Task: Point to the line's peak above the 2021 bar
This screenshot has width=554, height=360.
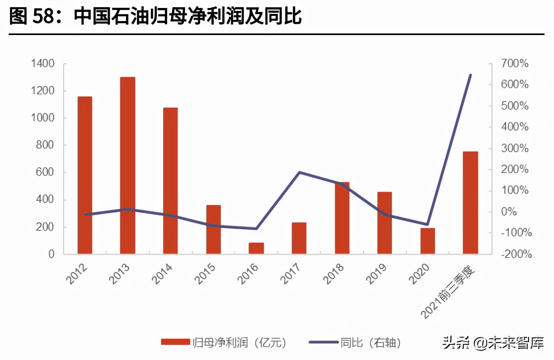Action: [x=470, y=75]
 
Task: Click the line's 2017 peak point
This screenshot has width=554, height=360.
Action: [x=299, y=172]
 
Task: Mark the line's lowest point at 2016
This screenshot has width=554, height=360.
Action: [x=256, y=229]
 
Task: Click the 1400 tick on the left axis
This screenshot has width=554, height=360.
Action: [x=43, y=63]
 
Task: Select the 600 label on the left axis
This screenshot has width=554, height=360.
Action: [x=45, y=172]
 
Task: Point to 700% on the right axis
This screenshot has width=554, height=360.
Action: [x=515, y=63]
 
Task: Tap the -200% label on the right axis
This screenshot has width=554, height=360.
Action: [x=516, y=254]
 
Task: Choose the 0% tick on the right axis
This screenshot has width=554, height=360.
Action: [x=509, y=211]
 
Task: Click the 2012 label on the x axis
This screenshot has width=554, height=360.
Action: [x=76, y=274]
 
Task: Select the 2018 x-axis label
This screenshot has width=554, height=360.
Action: [x=334, y=274]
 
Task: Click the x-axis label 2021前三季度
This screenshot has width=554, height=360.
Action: [x=448, y=293]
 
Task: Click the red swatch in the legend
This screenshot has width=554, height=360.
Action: [x=175, y=342]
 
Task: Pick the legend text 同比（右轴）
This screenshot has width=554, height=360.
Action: [x=370, y=342]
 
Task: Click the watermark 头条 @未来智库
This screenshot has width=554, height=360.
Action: [x=493, y=342]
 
